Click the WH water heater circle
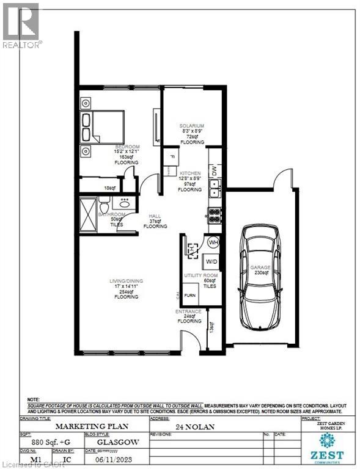coord(213,242)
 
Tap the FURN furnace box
coord(190,294)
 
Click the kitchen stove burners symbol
coord(215,215)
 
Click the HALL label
coord(155,216)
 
